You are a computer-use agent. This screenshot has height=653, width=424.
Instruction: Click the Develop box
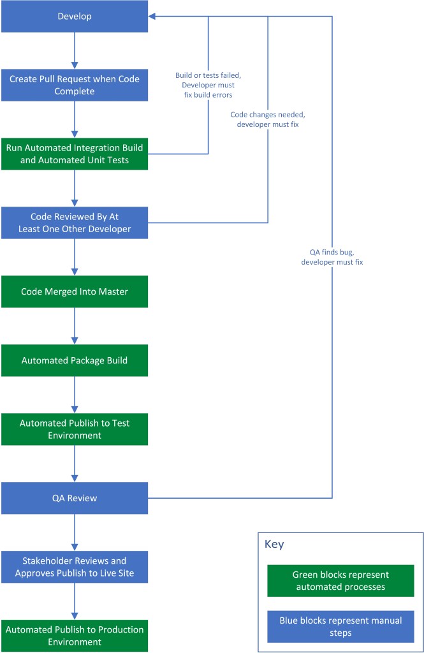click(x=74, y=16)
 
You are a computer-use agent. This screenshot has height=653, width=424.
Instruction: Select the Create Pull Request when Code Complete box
click(x=74, y=85)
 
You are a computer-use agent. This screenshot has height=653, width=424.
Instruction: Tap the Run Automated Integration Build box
click(x=74, y=154)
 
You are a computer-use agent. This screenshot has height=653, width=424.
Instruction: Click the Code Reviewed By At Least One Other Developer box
click(x=74, y=223)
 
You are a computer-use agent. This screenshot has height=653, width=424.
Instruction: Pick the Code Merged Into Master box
click(x=74, y=291)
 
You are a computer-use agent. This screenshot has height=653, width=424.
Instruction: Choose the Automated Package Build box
click(x=74, y=360)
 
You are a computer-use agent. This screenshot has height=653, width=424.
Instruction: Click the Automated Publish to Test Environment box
click(x=74, y=429)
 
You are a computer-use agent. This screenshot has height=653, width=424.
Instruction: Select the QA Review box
click(x=74, y=498)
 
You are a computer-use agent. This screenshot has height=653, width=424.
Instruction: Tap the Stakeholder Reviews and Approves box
click(x=74, y=567)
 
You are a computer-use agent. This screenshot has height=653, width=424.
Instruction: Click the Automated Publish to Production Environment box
click(x=74, y=636)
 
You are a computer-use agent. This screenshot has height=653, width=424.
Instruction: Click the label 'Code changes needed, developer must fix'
click(x=268, y=120)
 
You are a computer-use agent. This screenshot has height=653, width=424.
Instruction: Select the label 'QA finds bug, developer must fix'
click(x=333, y=256)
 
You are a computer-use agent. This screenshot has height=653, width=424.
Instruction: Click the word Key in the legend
click(x=274, y=544)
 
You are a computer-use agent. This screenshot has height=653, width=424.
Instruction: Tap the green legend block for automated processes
click(x=340, y=580)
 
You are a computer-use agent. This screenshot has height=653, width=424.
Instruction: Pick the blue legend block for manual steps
click(x=340, y=626)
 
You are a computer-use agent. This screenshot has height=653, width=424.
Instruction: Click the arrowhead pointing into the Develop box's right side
click(x=153, y=16)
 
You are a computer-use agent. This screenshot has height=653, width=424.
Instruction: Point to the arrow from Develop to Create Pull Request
click(x=75, y=50)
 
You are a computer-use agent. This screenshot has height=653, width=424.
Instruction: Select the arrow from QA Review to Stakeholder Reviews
click(x=75, y=532)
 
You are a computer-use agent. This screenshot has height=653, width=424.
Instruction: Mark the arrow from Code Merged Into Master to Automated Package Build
click(x=75, y=326)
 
